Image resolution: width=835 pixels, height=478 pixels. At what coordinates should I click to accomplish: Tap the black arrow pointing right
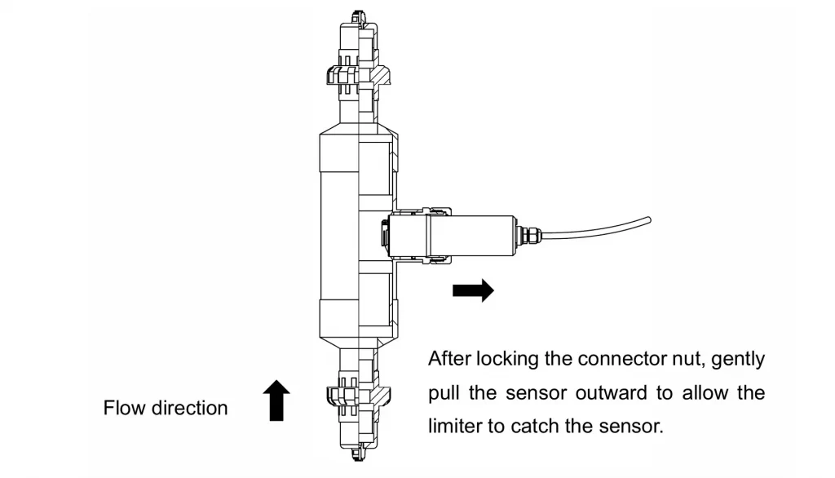click(x=473, y=290)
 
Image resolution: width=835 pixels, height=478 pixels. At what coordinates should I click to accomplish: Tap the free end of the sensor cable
click(x=649, y=218)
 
